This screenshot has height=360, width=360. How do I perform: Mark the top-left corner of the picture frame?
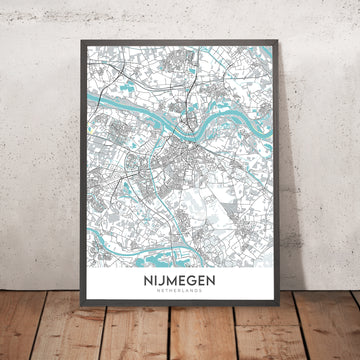pos(75,42)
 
